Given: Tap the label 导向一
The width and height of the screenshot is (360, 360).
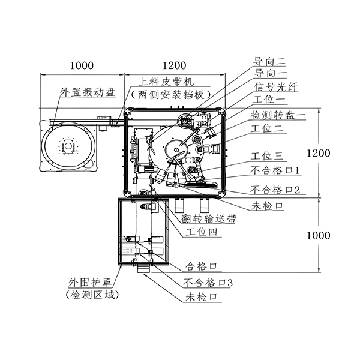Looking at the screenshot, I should point(268,74).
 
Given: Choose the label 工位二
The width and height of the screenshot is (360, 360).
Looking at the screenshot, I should point(268,127).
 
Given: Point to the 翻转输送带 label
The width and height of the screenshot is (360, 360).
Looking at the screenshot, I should point(210,219).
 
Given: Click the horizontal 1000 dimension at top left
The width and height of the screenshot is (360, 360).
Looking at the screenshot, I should point(82,65).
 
